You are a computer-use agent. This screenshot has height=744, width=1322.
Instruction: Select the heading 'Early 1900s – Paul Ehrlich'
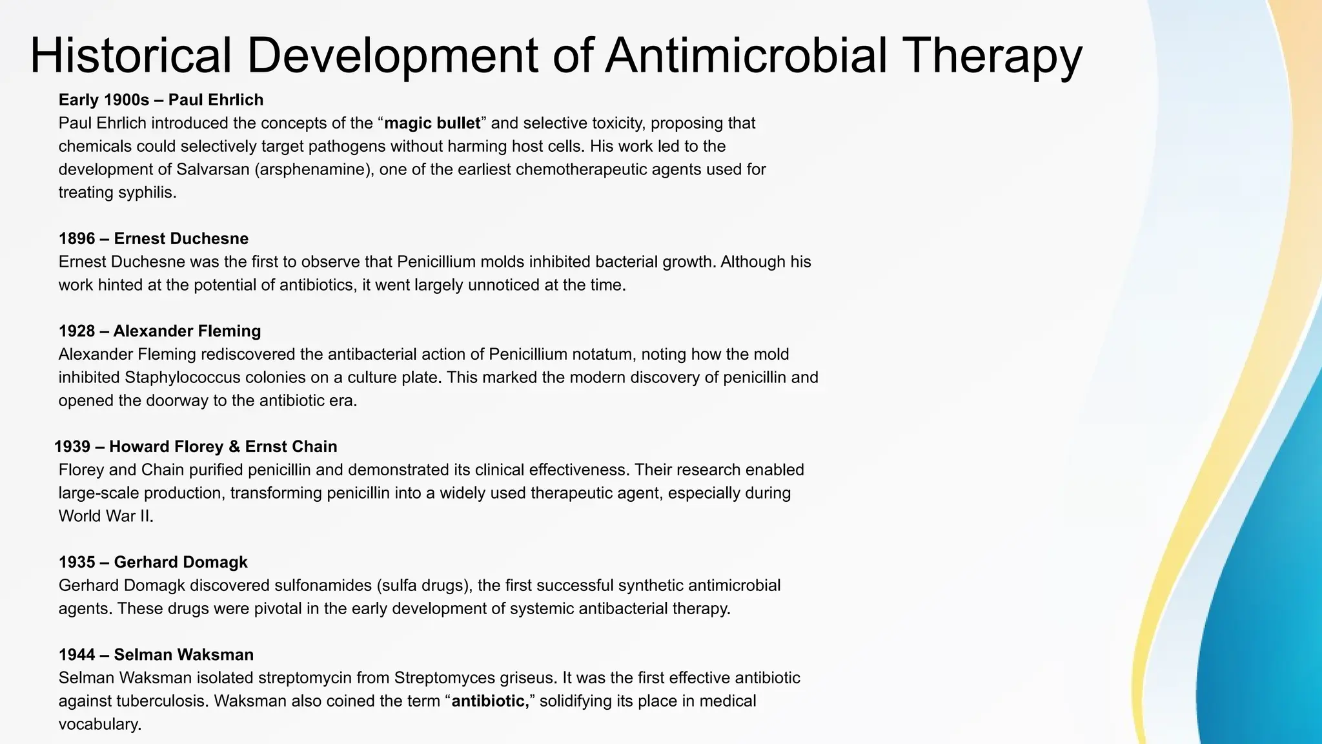pos(161,100)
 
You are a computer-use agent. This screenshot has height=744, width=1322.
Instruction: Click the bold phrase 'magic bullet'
pos(432,123)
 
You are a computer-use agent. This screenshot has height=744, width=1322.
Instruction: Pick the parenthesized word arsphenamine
pos(314,170)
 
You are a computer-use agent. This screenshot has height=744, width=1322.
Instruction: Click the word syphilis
pos(149,193)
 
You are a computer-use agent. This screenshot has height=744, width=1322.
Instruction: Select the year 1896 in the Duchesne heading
pos(77,239)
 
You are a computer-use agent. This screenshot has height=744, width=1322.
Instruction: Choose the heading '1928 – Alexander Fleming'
pos(159,331)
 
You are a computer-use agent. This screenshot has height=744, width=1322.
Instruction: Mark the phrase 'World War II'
pos(105,517)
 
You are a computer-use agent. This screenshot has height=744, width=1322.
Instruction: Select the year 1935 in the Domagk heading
pos(77,563)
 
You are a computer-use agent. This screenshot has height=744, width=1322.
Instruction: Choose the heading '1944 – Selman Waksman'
pos(156,655)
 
